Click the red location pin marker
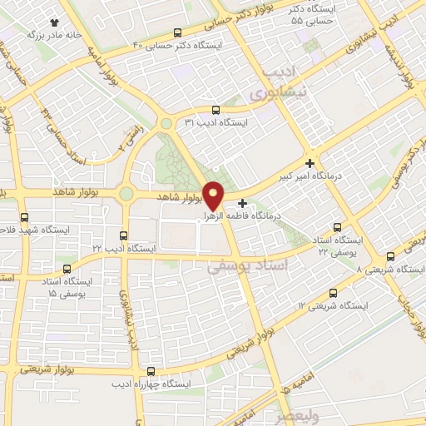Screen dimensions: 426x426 tap(214, 194)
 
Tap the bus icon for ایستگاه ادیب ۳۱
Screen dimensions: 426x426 tap(216, 109)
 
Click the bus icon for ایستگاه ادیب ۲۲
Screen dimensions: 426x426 tap(124, 235)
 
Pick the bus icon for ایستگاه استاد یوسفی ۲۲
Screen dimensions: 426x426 tap(337, 226)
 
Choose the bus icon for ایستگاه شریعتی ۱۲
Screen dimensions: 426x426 tap(334, 293)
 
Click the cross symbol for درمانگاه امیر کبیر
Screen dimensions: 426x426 tap(310, 163)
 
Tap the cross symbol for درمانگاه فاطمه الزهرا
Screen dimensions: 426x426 tap(242, 202)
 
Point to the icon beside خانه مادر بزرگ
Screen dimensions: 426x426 tap(55, 23)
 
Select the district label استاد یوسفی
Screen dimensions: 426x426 tap(247, 266)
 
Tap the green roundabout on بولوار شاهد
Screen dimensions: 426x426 tap(126, 194)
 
